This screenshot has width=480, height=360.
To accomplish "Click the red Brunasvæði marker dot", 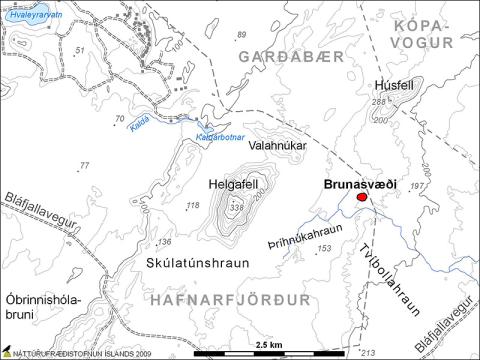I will (x=363, y=198).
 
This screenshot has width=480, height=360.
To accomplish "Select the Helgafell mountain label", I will (x=234, y=185).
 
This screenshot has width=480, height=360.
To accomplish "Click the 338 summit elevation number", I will (x=236, y=208).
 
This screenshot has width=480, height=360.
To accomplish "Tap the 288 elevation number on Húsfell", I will (x=378, y=102).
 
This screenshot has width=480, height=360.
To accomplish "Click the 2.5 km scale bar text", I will (x=269, y=345).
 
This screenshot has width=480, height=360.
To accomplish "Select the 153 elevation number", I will (x=322, y=248).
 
